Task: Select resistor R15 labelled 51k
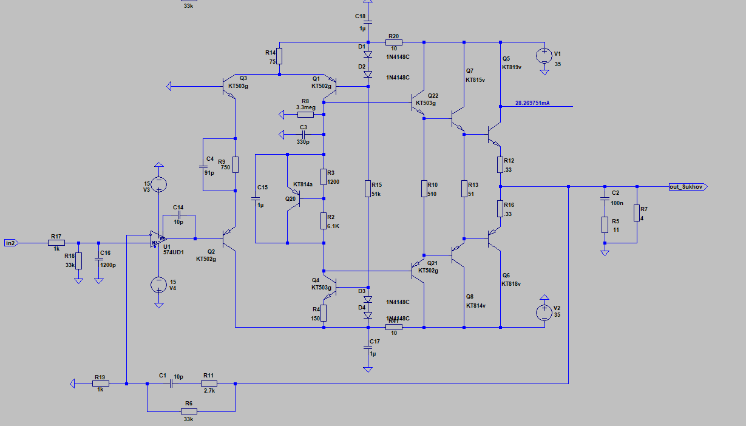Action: [368, 189]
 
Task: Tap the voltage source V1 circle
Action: [544, 56]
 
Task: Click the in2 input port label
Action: [11, 243]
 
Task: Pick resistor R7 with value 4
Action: [637, 213]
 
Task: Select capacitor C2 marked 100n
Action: [605, 198]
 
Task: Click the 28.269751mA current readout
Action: [532, 103]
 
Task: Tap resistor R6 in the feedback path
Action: [188, 411]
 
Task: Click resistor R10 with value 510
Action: [424, 189]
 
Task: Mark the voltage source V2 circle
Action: [544, 313]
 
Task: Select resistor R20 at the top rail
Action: [393, 42]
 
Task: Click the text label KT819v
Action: [511, 67]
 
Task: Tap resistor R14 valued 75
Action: [279, 56]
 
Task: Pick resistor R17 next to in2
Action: [56, 243]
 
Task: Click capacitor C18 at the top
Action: [368, 23]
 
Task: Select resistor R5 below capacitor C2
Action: [605, 225]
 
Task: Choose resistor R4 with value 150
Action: [324, 313]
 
